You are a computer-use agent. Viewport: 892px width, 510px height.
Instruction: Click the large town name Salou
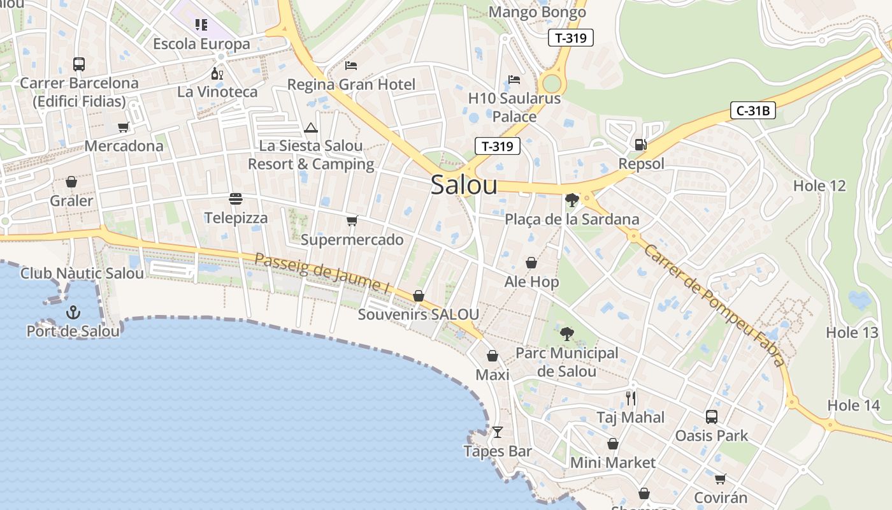[x=464, y=185]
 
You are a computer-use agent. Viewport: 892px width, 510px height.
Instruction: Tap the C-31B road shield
[x=752, y=111]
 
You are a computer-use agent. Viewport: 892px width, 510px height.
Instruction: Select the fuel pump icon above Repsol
[x=640, y=145]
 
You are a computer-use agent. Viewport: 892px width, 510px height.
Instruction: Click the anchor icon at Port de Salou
[x=73, y=312]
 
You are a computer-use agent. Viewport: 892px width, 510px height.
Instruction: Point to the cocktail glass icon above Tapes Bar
[x=498, y=432]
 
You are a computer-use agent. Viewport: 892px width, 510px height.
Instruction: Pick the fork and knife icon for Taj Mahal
[x=631, y=398]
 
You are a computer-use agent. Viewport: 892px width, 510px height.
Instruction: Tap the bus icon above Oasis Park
[x=712, y=417]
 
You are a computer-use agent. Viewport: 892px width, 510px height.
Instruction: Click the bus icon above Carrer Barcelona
[x=79, y=64]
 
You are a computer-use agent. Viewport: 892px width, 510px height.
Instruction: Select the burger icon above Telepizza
[x=236, y=199]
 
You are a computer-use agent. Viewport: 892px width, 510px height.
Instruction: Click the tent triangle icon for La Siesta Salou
[x=311, y=127]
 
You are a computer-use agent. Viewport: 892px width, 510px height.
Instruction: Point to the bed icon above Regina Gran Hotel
[x=351, y=65]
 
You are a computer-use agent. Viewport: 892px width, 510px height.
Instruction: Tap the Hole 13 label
[x=852, y=332]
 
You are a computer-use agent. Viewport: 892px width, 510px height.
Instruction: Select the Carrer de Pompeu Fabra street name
[x=714, y=305]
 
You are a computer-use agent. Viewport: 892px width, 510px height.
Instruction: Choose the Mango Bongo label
[x=537, y=12]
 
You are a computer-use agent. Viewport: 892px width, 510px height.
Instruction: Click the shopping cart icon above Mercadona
[x=124, y=127]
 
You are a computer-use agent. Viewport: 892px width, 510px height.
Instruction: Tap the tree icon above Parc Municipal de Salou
[x=566, y=333]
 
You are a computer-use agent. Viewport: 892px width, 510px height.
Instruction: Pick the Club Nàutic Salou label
[x=82, y=273]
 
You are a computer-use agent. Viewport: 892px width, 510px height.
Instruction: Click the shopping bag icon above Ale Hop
[x=531, y=263]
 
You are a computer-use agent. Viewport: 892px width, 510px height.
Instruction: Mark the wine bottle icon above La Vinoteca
[x=217, y=73]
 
